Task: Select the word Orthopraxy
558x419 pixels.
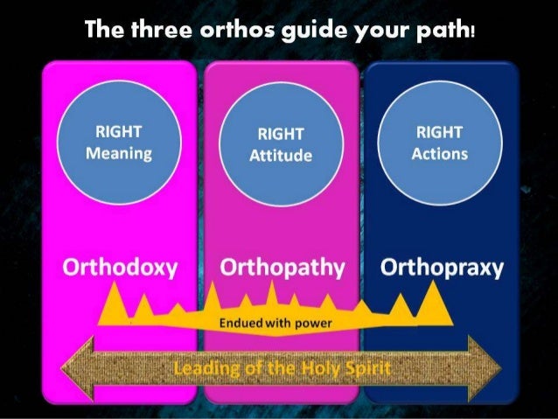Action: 442,267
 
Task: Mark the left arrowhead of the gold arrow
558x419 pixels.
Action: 73,367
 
